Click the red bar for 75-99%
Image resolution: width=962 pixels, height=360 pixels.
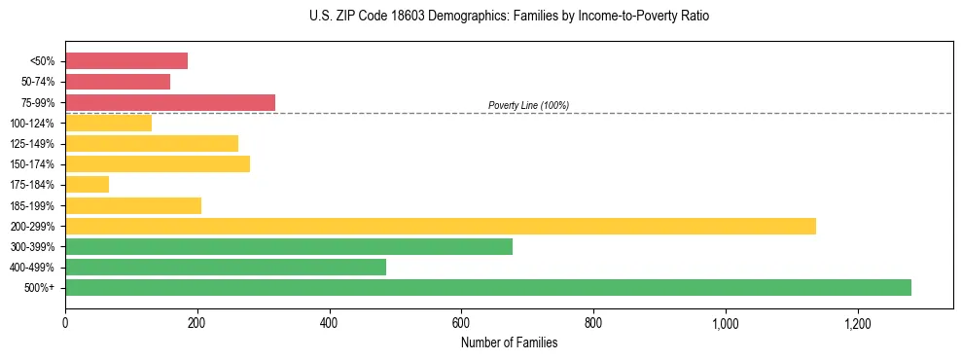tap(170, 102)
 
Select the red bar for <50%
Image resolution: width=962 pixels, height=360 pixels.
tap(126, 60)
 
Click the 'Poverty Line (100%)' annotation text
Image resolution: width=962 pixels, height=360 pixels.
tap(528, 105)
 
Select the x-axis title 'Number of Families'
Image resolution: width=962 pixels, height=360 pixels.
tap(509, 342)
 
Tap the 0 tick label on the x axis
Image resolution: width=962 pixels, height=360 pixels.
tap(65, 323)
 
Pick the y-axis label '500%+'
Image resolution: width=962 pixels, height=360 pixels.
tap(40, 288)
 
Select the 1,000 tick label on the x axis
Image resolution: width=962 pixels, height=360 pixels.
tap(726, 323)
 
